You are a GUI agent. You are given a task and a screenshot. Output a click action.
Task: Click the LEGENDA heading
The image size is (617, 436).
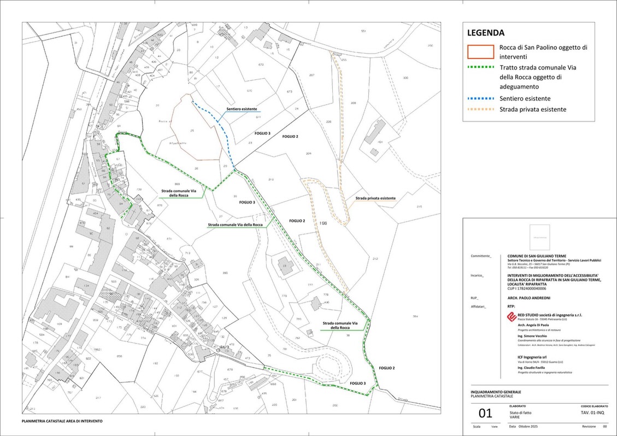pos(485,33)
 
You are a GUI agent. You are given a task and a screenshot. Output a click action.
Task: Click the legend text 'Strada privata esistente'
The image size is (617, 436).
pos(532,109)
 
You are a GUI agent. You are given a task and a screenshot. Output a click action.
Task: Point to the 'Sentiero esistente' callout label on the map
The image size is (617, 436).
pos(242,109)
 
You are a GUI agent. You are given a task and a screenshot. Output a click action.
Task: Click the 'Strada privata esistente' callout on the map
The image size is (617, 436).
pos(375,198)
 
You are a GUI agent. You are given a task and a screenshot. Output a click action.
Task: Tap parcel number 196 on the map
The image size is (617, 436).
pos(324,223)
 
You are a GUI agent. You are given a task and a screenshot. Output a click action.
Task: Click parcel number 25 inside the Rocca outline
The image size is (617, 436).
pos(192,131)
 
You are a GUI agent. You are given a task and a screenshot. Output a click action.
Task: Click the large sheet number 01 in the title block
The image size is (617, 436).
pos(485,414)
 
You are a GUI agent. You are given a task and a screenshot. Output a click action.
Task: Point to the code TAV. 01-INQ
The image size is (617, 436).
pos(592,413)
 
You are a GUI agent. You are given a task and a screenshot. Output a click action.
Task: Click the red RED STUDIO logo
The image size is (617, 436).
pos(511,317)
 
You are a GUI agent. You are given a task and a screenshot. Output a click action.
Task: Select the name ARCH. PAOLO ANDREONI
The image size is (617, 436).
pos(529,298)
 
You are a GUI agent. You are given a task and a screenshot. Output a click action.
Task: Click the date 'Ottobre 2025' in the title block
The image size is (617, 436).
pos(528,426)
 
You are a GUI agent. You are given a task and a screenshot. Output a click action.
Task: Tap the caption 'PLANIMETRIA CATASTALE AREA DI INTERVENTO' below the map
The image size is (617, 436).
pos(62,421)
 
